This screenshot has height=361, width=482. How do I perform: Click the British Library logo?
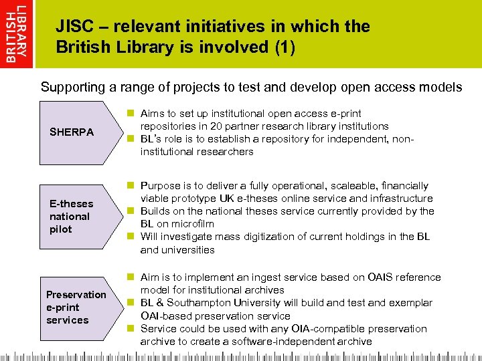(x=17, y=33)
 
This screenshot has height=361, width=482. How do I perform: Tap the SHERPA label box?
(x=72, y=132)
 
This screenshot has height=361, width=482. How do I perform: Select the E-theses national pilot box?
(x=72, y=216)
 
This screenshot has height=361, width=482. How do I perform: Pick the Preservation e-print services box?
(x=76, y=308)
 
